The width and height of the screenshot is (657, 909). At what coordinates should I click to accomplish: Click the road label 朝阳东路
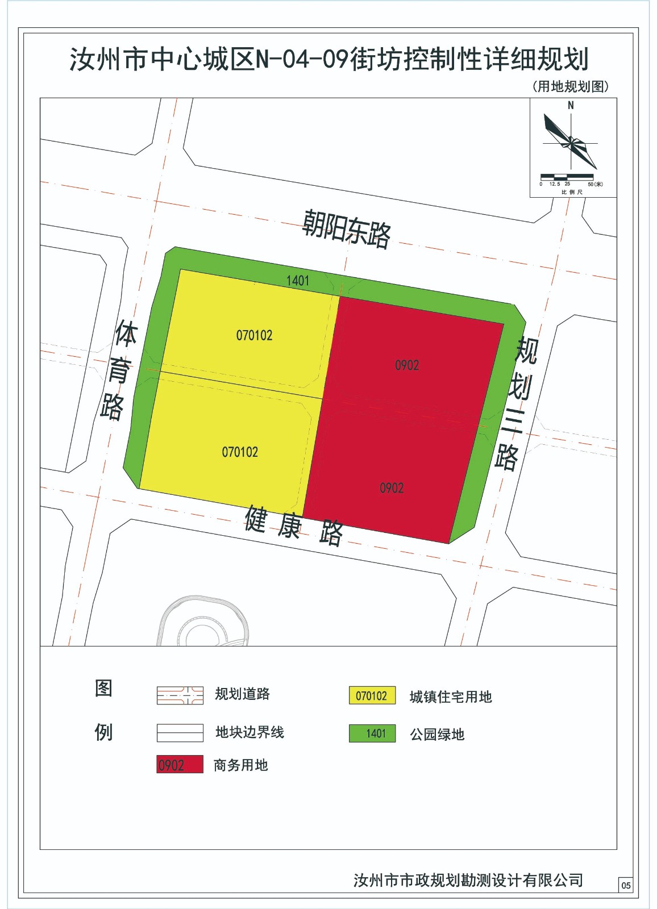point(346,228)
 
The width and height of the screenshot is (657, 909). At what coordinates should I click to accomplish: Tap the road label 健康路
point(294,526)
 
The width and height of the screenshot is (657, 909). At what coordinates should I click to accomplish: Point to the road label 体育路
point(119,370)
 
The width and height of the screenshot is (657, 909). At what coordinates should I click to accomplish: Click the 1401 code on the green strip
point(298,281)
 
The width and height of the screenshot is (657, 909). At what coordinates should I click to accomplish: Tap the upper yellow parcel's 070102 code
point(254,336)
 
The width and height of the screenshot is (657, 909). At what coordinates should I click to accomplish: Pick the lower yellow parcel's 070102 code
point(240,452)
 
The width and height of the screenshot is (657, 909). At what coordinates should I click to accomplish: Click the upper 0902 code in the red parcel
point(407,365)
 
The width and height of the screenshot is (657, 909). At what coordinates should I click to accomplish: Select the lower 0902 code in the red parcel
point(392,488)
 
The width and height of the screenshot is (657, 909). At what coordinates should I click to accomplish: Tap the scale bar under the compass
point(567,177)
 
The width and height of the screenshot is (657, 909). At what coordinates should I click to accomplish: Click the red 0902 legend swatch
point(180,765)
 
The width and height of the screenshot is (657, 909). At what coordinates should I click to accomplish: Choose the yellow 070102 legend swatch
point(372,696)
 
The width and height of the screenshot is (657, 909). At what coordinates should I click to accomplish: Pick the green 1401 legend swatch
point(372,733)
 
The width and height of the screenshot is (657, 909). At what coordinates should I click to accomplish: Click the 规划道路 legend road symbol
point(180,695)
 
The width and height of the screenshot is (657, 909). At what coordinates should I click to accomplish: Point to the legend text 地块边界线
point(250,732)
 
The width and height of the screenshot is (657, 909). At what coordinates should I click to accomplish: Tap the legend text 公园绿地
point(437,735)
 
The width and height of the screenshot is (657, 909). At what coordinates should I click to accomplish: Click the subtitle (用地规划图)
point(570,86)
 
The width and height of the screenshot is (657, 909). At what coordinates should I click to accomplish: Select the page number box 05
point(626,885)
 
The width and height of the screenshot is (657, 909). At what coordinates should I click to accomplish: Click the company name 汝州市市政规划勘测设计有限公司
point(468,880)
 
